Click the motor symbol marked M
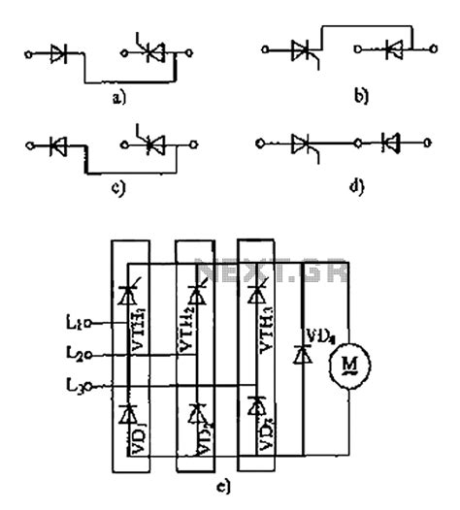tap(345, 364)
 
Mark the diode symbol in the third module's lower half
tap(258, 404)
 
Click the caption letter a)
tap(118, 97)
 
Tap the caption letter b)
tap(360, 98)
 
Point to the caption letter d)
tap(357, 186)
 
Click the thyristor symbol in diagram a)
tap(149, 56)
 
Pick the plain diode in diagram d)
tap(391, 144)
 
